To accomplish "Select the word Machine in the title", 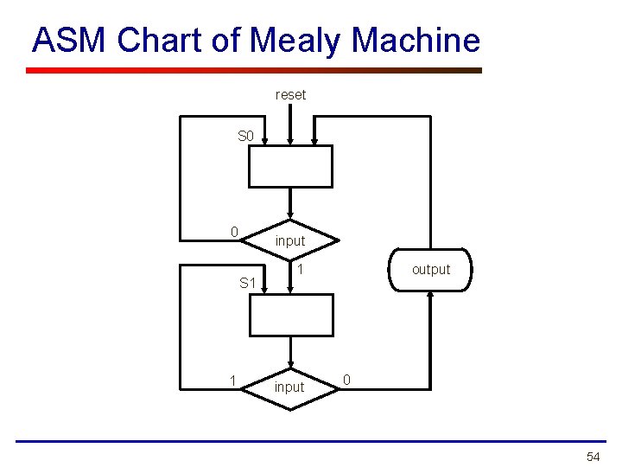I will [x=416, y=40].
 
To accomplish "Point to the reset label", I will [x=290, y=94].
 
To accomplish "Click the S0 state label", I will [x=246, y=136].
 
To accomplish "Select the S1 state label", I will [x=247, y=283].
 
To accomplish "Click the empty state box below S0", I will [x=290, y=166].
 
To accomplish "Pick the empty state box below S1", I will [x=290, y=315].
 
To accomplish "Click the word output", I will [x=431, y=270].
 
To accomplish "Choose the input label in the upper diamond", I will [x=290, y=240].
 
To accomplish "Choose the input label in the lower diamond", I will [x=289, y=387].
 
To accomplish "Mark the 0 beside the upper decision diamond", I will [x=234, y=232].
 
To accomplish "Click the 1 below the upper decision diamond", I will [x=300, y=271].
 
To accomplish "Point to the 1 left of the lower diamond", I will [x=232, y=381].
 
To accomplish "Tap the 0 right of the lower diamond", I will [x=346, y=379].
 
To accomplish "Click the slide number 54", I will [x=593, y=456].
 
